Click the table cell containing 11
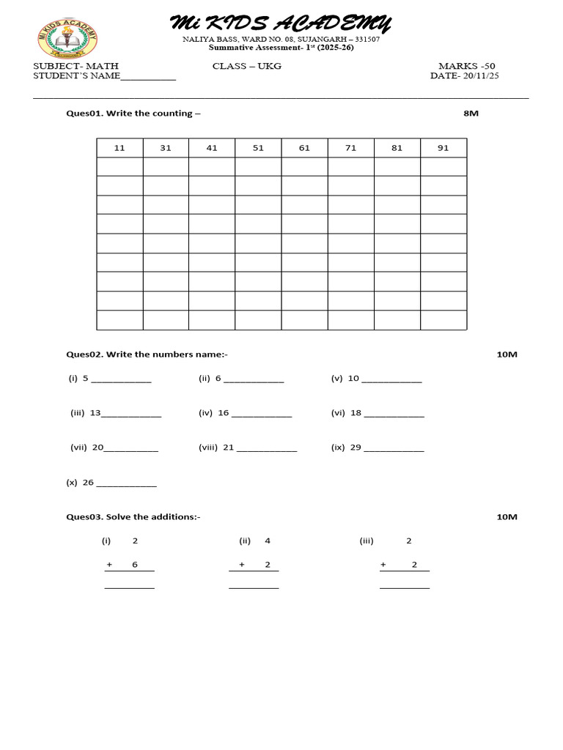pyautogui.click(x=119, y=148)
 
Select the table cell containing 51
pyautogui.click(x=258, y=148)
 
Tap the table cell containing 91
pyautogui.click(x=443, y=148)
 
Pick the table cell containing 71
pyautogui.click(x=350, y=148)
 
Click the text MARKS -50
pyautogui.click(x=466, y=66)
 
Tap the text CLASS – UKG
pyautogui.click(x=247, y=66)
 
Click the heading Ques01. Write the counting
pyautogui.click(x=133, y=114)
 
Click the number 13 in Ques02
pyautogui.click(x=95, y=413)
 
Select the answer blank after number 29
pyautogui.click(x=394, y=448)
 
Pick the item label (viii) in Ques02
pyautogui.click(x=208, y=448)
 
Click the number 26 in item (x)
pyautogui.click(x=88, y=483)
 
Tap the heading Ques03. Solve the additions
pyautogui.click(x=133, y=517)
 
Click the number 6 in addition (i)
pyautogui.click(x=135, y=565)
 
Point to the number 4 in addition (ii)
pyautogui.click(x=268, y=541)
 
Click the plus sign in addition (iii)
pyautogui.click(x=383, y=565)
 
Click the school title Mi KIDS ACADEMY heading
pyautogui.click(x=281, y=23)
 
